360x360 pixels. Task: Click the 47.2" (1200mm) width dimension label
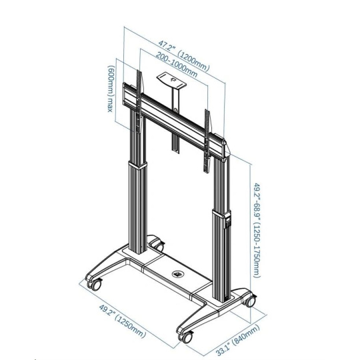click(184, 55)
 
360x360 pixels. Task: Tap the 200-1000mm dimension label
click(177, 65)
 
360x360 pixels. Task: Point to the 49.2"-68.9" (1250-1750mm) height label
click(257, 230)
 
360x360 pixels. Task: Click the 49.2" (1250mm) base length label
click(123, 321)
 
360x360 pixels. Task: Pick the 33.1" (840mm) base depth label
click(237, 340)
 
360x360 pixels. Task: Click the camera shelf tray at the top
click(171, 81)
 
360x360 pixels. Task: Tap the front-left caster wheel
click(95, 284)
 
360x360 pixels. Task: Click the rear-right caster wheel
click(250, 300)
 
